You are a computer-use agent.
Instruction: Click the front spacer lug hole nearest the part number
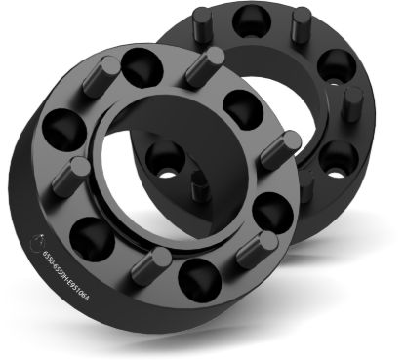click(x=89, y=234)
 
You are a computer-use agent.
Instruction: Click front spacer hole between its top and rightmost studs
click(x=239, y=103)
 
